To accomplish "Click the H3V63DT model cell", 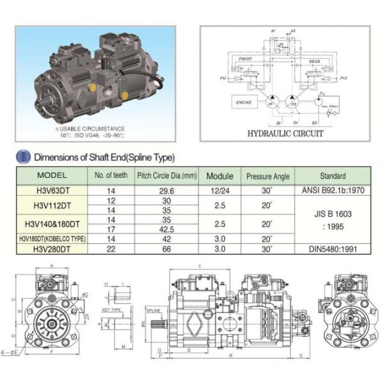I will pos(52,189).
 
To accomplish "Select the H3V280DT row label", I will pos(52,248).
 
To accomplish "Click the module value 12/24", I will pos(219,189).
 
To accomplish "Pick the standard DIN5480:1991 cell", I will pos(332,248).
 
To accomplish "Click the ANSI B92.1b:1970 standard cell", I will pos(332,189).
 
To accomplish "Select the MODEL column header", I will pos(52,175).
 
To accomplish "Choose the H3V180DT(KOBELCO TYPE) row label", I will pos(52,238).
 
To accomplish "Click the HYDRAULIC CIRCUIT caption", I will pos(285,134).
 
